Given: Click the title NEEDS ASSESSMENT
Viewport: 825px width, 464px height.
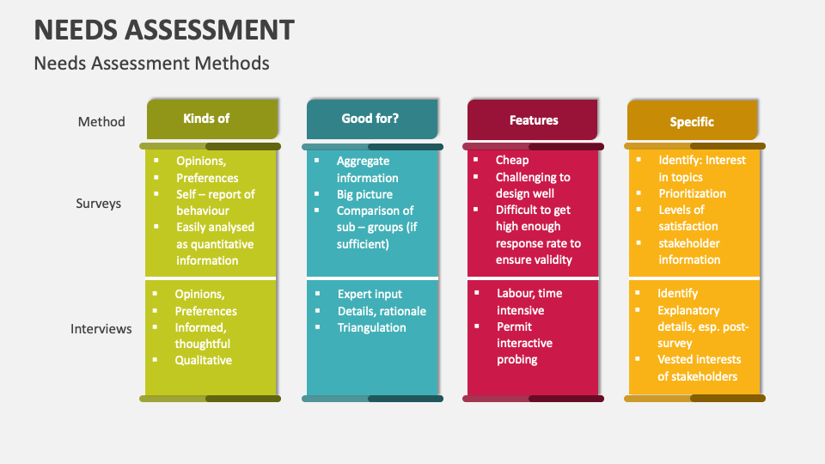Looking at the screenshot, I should (163, 29).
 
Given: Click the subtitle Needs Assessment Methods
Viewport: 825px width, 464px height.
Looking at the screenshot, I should (151, 64).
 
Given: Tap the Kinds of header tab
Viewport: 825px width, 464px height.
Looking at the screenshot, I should (206, 119).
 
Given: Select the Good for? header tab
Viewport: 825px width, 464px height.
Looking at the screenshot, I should (370, 119).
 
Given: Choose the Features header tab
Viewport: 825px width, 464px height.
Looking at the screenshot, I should (534, 120).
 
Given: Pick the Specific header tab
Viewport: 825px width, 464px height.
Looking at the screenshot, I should (692, 122).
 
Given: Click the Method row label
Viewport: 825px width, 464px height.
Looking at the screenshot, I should (101, 122).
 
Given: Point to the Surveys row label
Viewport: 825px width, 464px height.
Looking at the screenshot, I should (98, 204).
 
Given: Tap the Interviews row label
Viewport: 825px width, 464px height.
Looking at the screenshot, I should (101, 328).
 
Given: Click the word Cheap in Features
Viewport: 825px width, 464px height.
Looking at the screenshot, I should (512, 160).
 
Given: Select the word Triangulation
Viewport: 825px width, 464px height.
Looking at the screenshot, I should (371, 327).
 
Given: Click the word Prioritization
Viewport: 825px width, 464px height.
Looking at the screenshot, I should (692, 193).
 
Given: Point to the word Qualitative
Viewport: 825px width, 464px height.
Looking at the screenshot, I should (204, 360).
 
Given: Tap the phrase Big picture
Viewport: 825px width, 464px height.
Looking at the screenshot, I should (364, 194).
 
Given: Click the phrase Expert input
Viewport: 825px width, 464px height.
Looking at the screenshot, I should (370, 294).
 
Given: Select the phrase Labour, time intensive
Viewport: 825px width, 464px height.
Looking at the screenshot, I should (529, 302).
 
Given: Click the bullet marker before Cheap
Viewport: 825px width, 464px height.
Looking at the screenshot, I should (476, 160).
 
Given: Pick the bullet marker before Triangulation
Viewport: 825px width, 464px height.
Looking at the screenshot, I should (317, 327).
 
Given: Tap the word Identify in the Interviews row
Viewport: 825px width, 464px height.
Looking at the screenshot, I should (678, 293).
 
